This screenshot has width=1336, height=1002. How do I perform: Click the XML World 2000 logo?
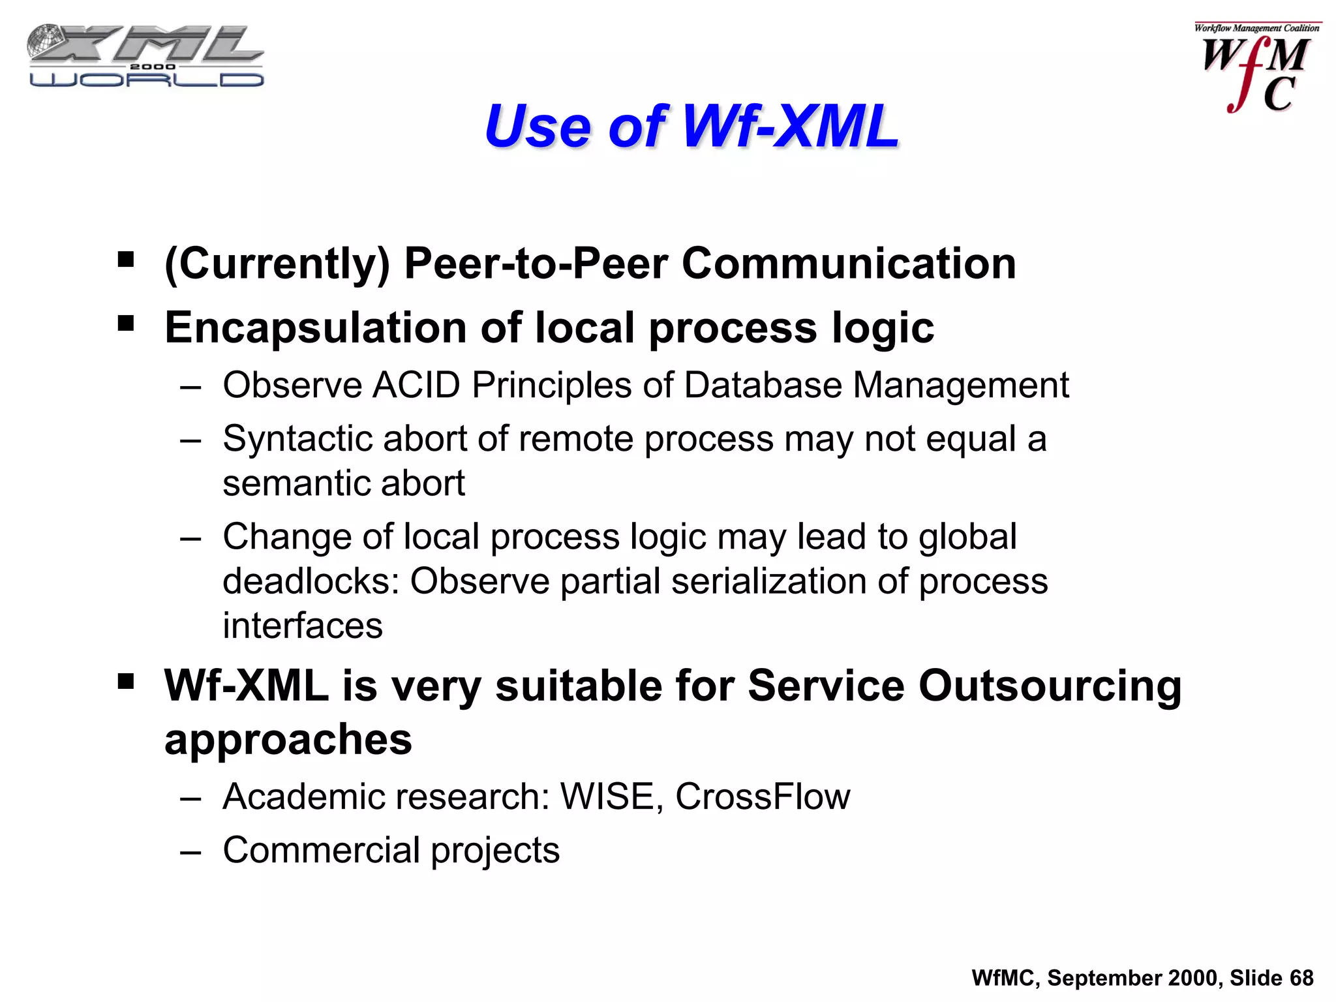pos(145,56)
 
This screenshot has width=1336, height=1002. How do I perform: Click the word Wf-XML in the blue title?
pos(790,126)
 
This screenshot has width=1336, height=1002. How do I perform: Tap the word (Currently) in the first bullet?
pos(277,264)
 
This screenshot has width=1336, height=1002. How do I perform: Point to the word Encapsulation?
pos(316,327)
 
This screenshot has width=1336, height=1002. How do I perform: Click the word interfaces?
pos(303,626)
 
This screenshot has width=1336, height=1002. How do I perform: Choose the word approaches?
pos(288,740)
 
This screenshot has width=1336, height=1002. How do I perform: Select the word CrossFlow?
pos(763,797)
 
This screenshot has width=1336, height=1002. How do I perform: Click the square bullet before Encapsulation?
pos(126,324)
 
